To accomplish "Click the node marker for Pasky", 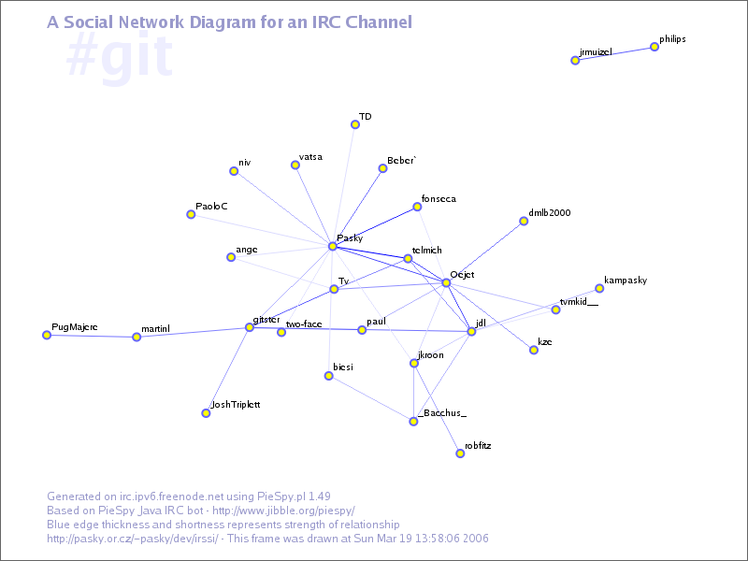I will [332, 247].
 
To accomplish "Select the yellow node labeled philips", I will [654, 47].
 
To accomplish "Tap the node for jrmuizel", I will [575, 61].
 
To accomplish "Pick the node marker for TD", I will [355, 124].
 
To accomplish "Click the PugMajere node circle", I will [47, 335].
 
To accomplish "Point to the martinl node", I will [137, 337].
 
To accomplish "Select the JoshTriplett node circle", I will [206, 412].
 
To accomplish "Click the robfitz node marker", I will [460, 453].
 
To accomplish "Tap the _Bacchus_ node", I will [413, 422].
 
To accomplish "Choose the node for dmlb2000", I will [524, 222].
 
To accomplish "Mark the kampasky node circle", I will [599, 289].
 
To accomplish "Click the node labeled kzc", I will [534, 350].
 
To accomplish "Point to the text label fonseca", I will [439, 199].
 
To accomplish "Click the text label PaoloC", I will [211, 206].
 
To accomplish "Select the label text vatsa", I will [310, 157].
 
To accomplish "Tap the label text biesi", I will [342, 367].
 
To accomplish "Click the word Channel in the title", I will [379, 22].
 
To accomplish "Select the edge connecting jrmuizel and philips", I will [614, 54].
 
